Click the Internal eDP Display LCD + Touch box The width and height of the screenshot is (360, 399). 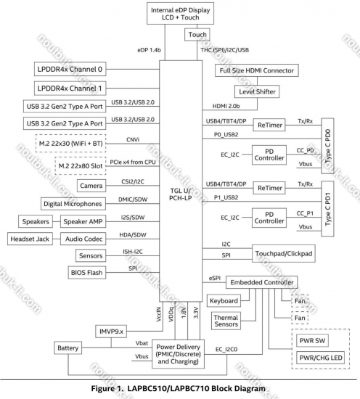click(x=180, y=14)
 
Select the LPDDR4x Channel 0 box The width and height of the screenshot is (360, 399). click(x=70, y=69)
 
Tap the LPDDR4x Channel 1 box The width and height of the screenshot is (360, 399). click(x=70, y=89)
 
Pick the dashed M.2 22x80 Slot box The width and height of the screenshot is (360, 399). click(x=81, y=166)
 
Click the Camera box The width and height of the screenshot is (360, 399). click(x=91, y=186)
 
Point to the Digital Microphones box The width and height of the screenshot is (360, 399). click(x=73, y=204)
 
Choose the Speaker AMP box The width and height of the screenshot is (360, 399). click(x=83, y=221)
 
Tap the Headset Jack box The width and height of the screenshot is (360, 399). click(x=30, y=239)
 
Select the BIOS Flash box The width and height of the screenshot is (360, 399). click(x=87, y=273)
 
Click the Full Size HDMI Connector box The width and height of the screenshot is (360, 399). click(x=257, y=70)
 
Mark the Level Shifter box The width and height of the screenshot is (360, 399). click(x=257, y=91)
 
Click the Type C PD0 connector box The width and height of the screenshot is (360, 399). click(x=327, y=146)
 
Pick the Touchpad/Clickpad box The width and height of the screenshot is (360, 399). click(x=284, y=254)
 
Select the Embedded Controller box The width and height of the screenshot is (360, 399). click(x=262, y=282)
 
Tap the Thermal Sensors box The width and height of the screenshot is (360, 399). click(x=226, y=321)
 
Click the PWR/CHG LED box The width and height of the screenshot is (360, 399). click(x=321, y=358)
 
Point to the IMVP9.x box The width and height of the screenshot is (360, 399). click(x=111, y=332)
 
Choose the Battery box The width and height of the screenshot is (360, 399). click(x=67, y=347)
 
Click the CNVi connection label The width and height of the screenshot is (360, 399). click(x=133, y=140)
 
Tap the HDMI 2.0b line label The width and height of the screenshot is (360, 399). click(x=226, y=106)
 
